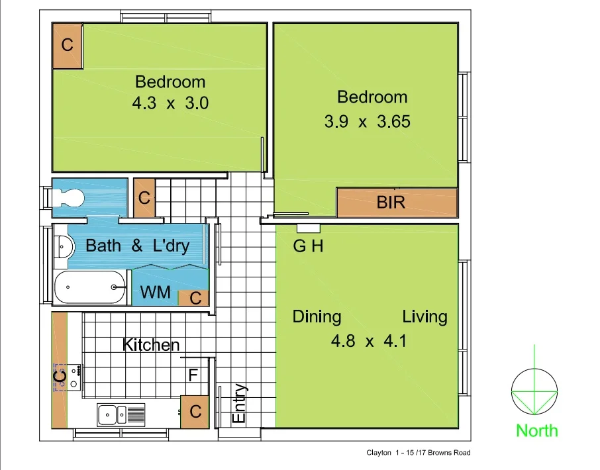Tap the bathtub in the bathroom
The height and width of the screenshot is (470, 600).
point(89,287)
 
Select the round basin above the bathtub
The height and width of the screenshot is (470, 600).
point(62,247)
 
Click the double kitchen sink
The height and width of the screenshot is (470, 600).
point(121,415)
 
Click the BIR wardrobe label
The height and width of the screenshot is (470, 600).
point(391,203)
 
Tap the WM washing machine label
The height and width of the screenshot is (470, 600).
point(156,292)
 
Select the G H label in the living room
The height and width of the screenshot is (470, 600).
point(308,247)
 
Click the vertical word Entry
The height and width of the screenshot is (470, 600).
point(239,404)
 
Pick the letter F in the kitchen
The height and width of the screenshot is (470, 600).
point(193,375)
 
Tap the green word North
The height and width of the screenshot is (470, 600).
point(536,431)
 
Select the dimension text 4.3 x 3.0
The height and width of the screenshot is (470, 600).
point(170,103)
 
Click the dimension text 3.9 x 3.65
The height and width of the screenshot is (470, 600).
point(367,122)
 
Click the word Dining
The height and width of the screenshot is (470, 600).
point(317,316)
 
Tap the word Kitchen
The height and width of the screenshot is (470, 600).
point(151,345)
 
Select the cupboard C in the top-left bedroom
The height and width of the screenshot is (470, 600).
point(68,45)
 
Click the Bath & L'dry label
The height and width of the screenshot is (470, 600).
point(138,246)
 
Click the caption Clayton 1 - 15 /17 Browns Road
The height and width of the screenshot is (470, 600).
point(418,453)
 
